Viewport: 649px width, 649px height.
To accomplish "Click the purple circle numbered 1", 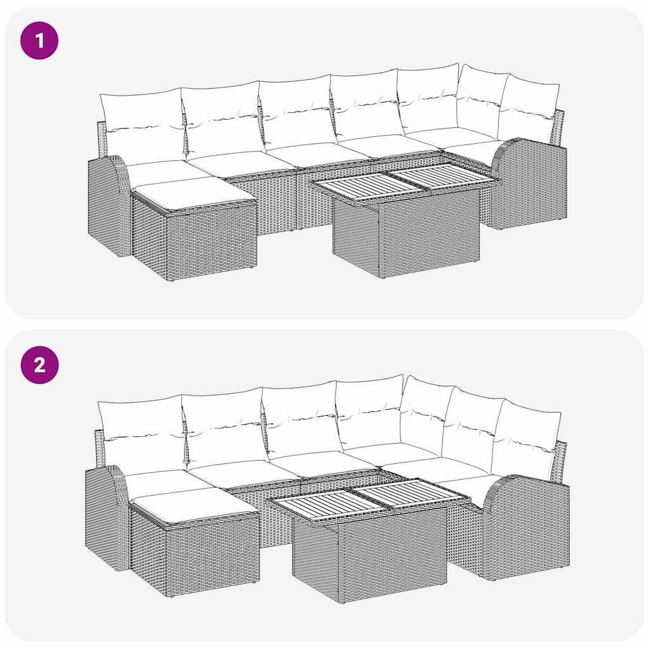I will (39, 41).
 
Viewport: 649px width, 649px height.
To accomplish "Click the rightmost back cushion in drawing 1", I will (529, 108).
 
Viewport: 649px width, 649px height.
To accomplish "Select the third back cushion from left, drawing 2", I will (299, 418).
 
